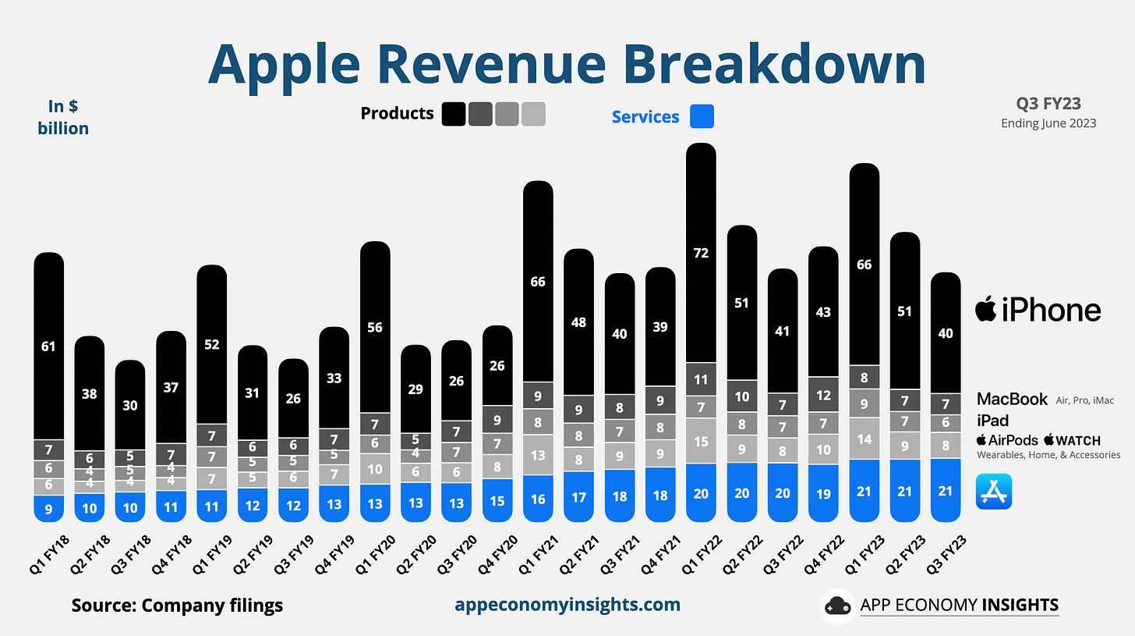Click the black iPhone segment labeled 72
pos(701,253)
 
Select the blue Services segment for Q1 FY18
pos(48,509)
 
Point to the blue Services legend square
pos(702,117)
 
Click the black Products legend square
pos(453,114)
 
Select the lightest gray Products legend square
pos(533,114)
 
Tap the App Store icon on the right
pos(993,492)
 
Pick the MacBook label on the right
pos(1012,400)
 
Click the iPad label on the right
pos(992,421)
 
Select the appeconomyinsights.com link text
pos(567,605)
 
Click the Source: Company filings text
pos(177,606)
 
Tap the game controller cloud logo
pos(837,606)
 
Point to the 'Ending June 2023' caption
pos(1048,123)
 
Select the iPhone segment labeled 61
pos(48,346)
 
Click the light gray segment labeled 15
pos(701,441)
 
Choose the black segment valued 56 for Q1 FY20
pos(375,327)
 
